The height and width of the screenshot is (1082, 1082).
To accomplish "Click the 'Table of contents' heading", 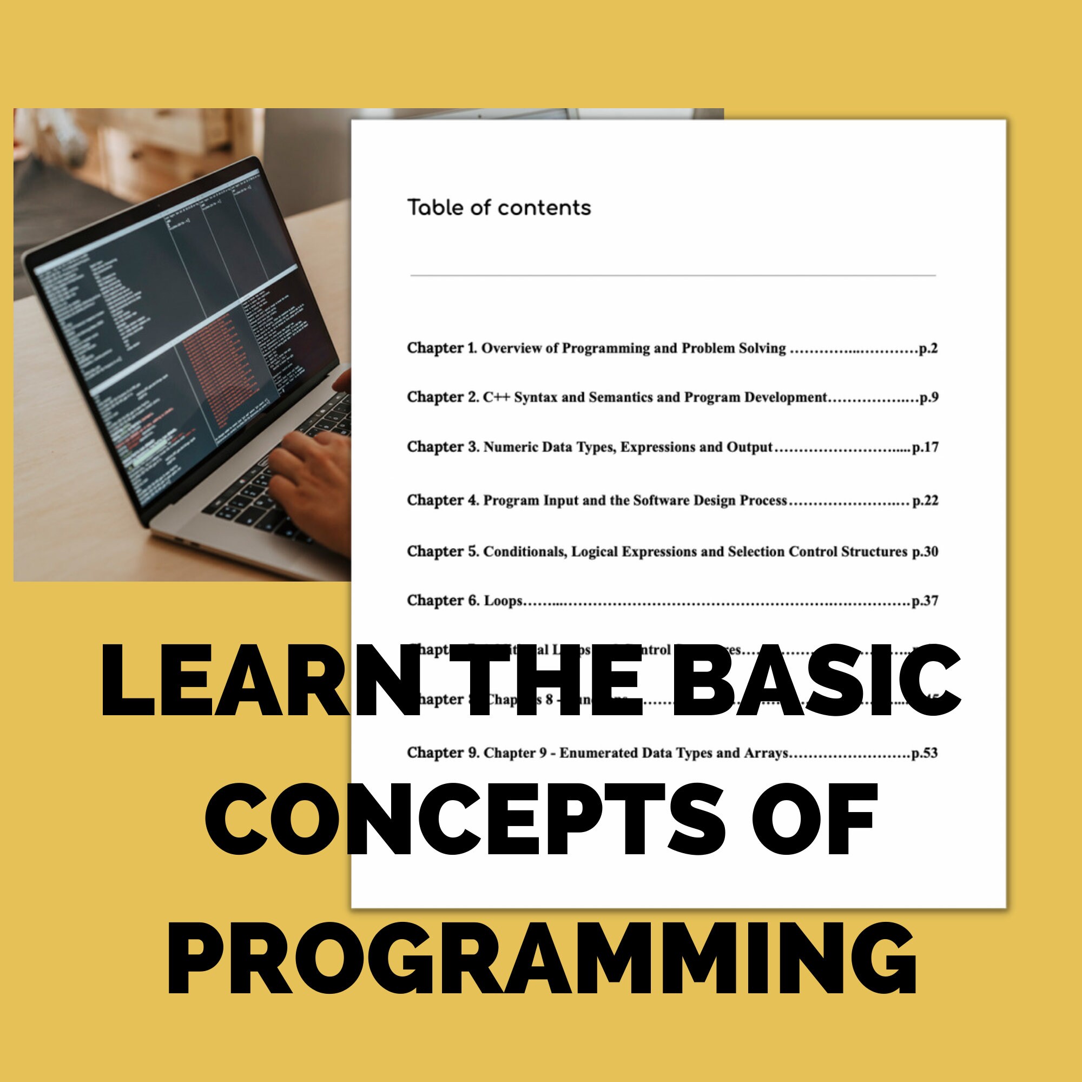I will [498, 208].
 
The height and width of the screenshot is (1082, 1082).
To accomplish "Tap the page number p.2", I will [928, 348].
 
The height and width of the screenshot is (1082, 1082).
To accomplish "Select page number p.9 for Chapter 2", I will [929, 398].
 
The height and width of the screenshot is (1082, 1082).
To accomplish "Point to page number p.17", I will [925, 447].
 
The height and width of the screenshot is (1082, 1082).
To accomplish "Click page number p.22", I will [925, 500].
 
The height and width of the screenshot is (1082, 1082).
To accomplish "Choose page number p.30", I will [925, 552].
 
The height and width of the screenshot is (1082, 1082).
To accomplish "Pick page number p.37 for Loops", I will [925, 601].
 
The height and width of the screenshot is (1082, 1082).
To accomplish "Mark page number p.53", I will [925, 753].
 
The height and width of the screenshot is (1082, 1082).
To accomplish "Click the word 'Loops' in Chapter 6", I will [503, 601].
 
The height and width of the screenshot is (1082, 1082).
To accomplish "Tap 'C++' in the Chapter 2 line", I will [496, 398].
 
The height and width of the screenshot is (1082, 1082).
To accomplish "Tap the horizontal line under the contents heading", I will [672, 275].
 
